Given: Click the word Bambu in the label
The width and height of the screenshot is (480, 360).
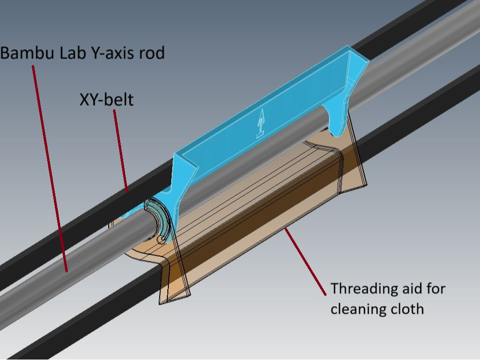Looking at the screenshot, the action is [x=27, y=52].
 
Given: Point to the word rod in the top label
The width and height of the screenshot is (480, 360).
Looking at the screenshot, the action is [x=152, y=52].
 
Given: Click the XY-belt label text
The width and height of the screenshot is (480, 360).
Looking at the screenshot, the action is [x=106, y=99].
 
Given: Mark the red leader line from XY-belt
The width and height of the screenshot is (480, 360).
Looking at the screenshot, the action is [x=121, y=151].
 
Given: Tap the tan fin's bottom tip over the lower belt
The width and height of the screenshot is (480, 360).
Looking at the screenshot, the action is [x=160, y=304].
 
